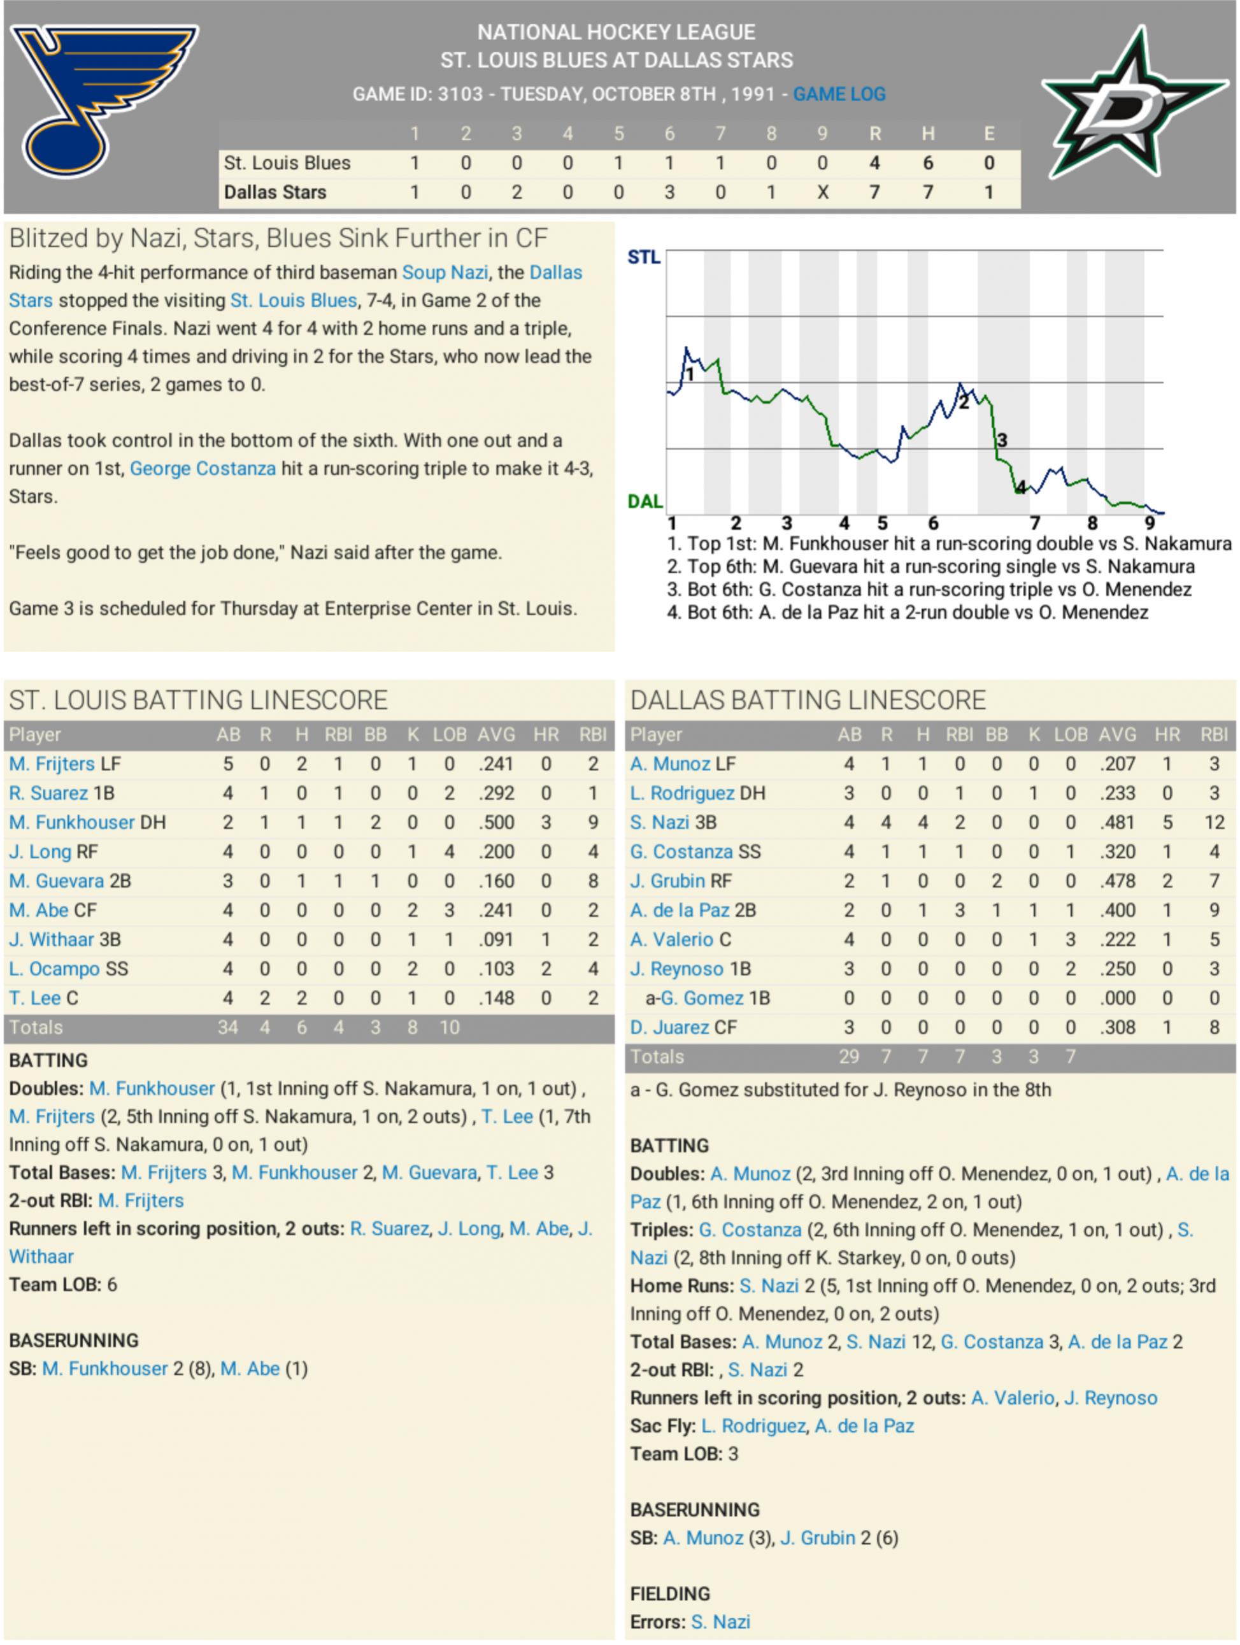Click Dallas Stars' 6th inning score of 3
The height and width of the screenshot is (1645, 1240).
669,192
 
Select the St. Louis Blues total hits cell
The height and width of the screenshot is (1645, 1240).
927,163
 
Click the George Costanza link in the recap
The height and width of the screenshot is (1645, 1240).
203,469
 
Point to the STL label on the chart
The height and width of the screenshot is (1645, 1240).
643,257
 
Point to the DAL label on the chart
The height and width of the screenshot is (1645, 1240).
645,501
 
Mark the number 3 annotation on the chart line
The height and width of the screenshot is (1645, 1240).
1002,440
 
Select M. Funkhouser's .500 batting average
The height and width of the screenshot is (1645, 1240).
496,823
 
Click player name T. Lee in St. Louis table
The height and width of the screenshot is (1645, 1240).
35,998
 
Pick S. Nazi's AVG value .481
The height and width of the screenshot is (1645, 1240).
1117,823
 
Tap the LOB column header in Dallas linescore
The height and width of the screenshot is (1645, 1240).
1070,735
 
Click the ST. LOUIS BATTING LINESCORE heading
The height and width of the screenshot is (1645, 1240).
198,700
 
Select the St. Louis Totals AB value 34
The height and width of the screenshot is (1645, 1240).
227,1028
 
